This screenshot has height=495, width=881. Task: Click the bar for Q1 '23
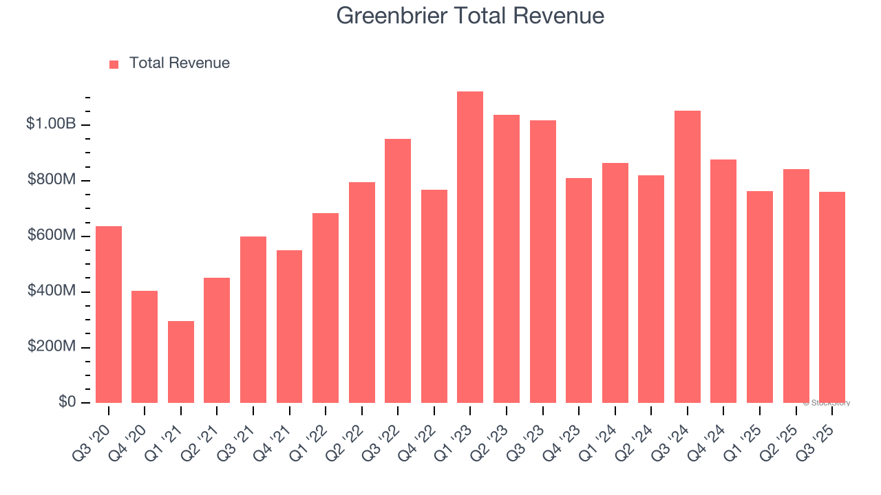(x=470, y=247)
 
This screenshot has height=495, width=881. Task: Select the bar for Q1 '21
(x=181, y=362)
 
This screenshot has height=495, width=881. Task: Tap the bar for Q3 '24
(x=688, y=256)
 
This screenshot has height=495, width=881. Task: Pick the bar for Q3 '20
(x=109, y=314)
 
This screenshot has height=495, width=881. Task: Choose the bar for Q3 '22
(x=398, y=271)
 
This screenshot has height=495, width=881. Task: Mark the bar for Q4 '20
(x=145, y=346)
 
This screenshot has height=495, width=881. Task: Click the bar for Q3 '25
(x=832, y=297)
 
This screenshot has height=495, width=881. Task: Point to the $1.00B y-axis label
(x=51, y=124)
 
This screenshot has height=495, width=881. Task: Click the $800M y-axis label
(x=52, y=180)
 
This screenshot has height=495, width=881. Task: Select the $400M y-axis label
(x=52, y=291)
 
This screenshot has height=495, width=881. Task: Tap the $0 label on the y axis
(x=67, y=402)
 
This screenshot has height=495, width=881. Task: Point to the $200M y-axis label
(x=52, y=346)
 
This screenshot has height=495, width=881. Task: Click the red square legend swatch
(x=114, y=64)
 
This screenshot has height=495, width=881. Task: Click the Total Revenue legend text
(x=179, y=63)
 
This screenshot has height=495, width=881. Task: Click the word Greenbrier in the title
(x=392, y=16)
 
